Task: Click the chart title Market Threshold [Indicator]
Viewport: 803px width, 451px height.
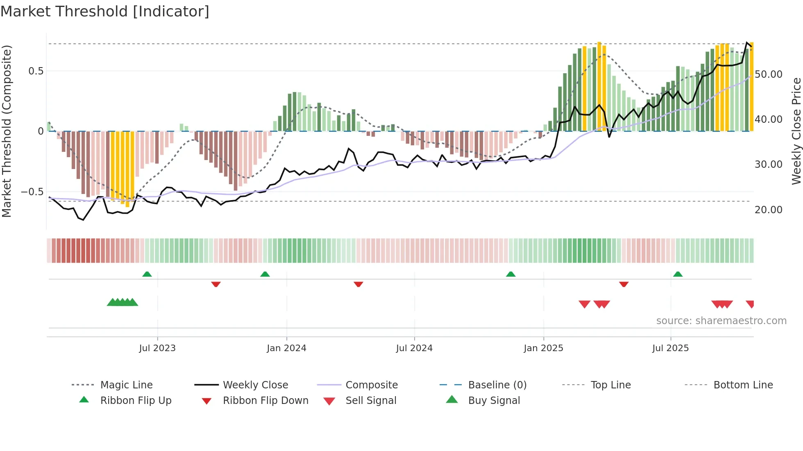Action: pos(105,11)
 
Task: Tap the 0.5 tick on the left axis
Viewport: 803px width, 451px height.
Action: pos(36,71)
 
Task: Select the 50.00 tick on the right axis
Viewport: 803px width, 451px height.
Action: pos(768,74)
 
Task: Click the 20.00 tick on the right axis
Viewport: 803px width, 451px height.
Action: pos(768,210)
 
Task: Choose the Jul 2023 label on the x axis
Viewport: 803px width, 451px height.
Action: pos(157,348)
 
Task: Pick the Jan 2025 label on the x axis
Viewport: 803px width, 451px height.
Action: pos(543,348)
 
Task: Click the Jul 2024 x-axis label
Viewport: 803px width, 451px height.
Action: pos(414,348)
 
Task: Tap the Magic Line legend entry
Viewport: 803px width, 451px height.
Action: pos(126,385)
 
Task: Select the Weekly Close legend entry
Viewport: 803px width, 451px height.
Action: pos(255,385)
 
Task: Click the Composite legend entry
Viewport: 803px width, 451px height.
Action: pos(372,385)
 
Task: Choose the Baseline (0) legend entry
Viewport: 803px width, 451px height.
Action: pos(497,385)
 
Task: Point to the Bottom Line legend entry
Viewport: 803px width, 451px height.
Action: pos(743,385)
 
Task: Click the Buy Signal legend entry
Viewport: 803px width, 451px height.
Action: pos(494,401)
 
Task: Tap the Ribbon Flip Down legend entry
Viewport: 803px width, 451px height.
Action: pos(265,401)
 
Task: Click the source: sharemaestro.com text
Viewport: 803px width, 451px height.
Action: pos(721,321)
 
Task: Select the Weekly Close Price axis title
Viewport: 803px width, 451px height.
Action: pos(796,131)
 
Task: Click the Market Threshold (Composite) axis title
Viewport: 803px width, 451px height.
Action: pos(7,131)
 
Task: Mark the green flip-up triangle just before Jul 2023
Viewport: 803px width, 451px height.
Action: pos(147,274)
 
